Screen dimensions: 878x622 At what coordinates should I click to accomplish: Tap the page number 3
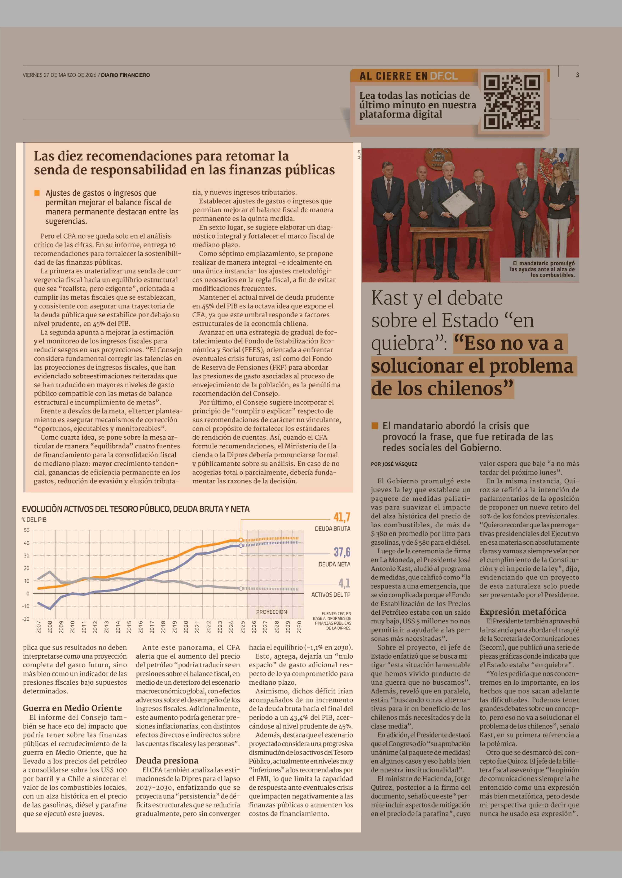577,75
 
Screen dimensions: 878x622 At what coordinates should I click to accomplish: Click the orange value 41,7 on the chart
342,517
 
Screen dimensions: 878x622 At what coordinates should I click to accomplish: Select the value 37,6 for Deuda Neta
342,552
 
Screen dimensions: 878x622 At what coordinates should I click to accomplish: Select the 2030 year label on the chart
299,627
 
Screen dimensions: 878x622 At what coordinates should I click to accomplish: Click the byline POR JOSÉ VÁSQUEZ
394,464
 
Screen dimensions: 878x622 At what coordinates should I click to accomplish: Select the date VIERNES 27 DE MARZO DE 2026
59,75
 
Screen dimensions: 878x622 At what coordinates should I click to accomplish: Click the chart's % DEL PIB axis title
34,520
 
